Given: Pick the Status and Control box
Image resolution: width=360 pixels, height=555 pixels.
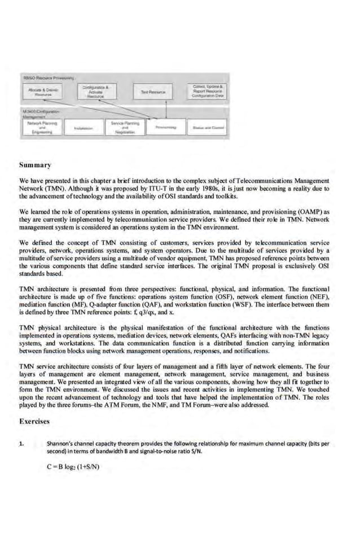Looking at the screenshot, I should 208,128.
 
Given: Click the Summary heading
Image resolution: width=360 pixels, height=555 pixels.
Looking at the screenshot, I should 35,165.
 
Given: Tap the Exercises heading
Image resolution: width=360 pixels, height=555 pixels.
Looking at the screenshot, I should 36,421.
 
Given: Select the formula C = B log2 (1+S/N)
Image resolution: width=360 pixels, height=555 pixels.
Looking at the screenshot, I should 73,466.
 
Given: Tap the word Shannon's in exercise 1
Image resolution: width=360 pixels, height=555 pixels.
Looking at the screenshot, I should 60,444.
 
